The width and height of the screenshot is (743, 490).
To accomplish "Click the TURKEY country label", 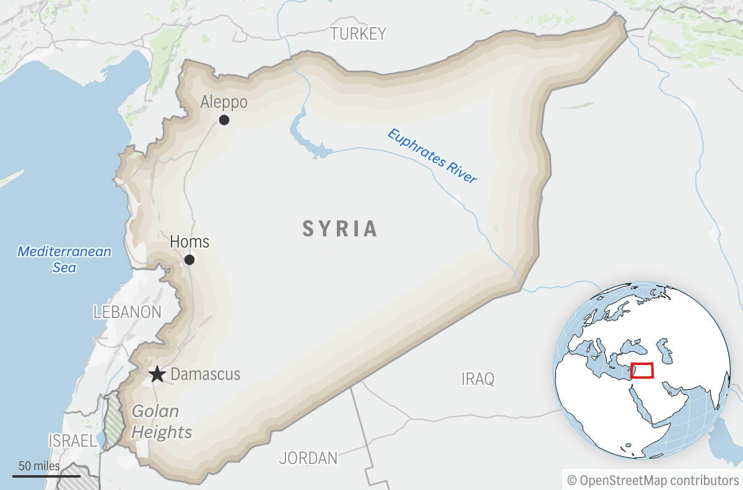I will [x=358, y=33].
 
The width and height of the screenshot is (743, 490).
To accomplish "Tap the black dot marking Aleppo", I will [x=224, y=120].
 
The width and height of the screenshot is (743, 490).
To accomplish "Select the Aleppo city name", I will [x=224, y=102].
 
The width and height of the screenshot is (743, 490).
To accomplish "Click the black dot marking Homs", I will [x=189, y=260].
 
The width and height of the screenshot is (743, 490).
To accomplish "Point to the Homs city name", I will [x=189, y=241].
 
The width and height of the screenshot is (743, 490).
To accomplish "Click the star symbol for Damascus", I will [x=157, y=374].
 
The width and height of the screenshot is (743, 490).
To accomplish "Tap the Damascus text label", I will [x=205, y=374].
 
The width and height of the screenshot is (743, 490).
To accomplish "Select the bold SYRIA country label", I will [x=340, y=229].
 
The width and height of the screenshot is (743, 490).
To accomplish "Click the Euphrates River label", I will [x=432, y=156].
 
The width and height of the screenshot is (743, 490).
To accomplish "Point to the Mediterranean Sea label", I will [x=64, y=259].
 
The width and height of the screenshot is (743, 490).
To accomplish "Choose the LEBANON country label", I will [x=127, y=312].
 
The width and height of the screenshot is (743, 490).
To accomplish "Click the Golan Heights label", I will [x=157, y=421].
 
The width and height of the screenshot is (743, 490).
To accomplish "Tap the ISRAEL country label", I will [x=72, y=441].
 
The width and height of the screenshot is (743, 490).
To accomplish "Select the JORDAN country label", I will [x=308, y=458].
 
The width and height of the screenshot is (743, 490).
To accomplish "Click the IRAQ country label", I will [x=478, y=379].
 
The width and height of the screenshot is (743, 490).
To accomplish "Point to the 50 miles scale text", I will [x=39, y=466].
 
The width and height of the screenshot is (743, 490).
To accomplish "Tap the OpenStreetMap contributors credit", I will [x=653, y=479].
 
